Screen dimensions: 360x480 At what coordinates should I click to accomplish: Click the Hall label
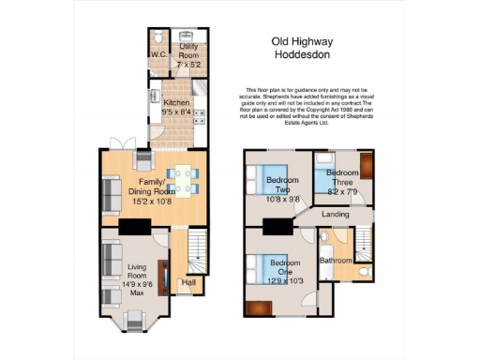(188, 281)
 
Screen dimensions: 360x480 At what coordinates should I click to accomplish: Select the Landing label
(335, 214)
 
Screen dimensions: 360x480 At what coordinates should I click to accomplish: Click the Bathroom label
(335, 260)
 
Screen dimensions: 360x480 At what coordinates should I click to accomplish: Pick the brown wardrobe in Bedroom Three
(367, 167)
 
